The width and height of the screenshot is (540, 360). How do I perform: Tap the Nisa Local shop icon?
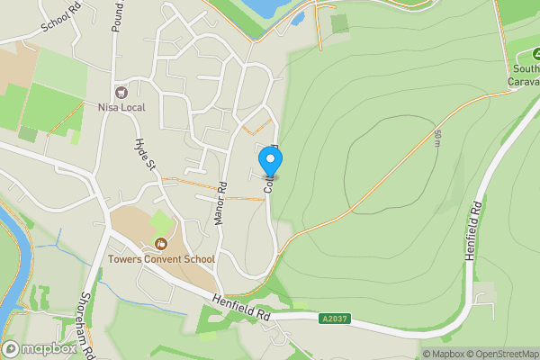121,92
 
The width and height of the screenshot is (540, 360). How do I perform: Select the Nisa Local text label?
121,107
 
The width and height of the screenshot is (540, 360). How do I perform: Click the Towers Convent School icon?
161,243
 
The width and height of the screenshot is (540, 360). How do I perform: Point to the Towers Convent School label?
161,259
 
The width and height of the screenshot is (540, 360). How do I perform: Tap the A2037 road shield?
333,318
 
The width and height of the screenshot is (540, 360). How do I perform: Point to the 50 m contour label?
437,138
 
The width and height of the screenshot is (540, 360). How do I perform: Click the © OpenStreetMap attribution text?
499,354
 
